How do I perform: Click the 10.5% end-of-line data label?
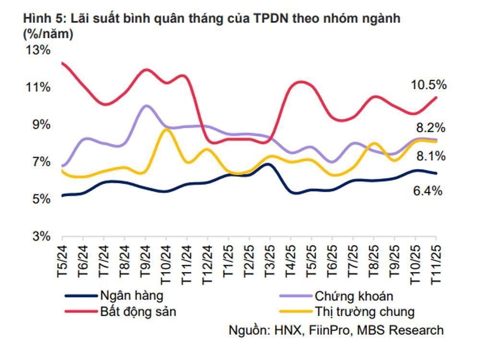coord(429,85)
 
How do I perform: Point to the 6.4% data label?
coord(427,191)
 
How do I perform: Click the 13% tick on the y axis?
coord(37,50)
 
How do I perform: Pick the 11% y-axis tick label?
coord(37,87)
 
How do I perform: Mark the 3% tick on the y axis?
coord(40,236)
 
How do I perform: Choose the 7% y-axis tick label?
coord(40,162)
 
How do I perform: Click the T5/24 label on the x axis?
coord(62,261)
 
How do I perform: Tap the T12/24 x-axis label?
coord(208,264)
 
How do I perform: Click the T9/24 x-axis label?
coord(145,261)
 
